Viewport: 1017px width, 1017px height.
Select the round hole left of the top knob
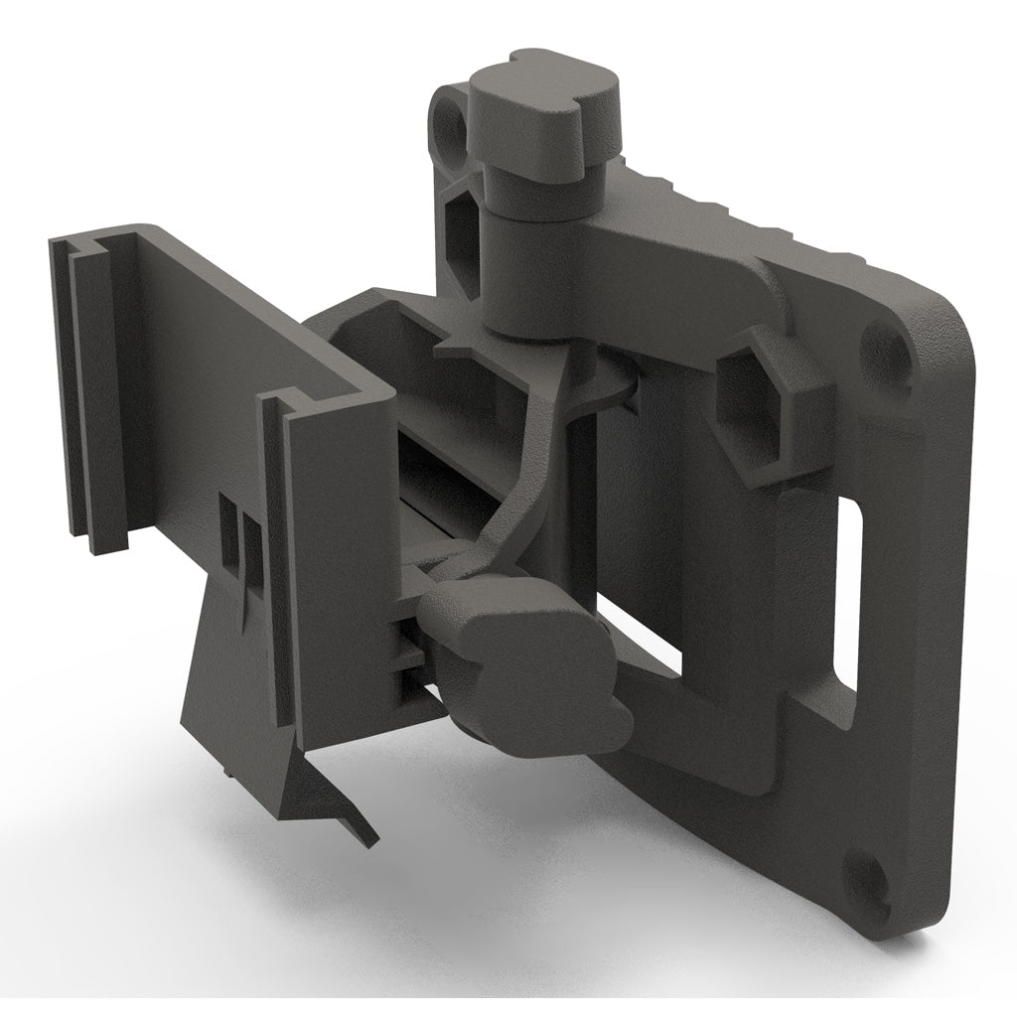(x=453, y=129)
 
